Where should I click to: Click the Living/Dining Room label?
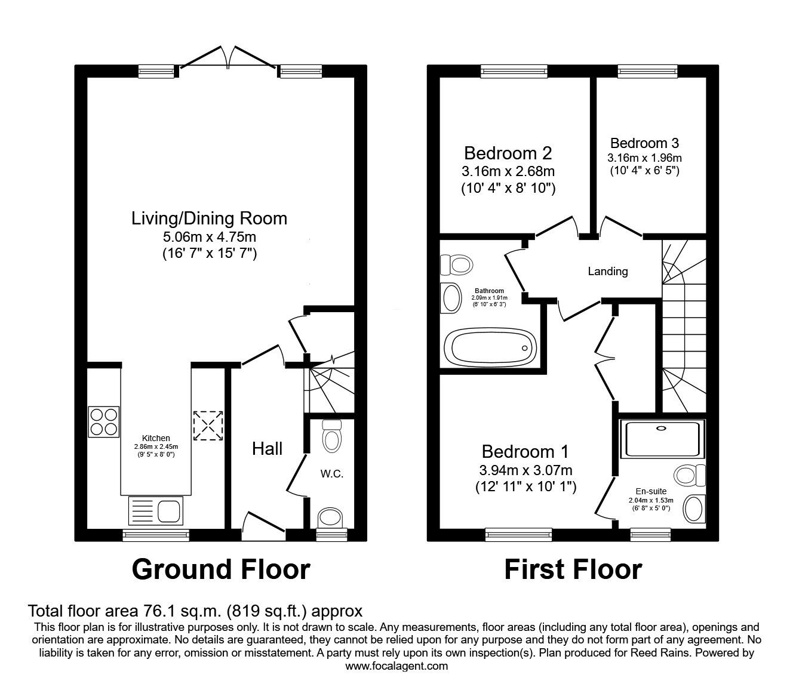pyautogui.click(x=209, y=218)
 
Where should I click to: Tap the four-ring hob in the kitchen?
pyautogui.click(x=104, y=421)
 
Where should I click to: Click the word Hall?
pyautogui.click(x=267, y=449)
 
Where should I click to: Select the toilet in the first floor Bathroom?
pyautogui.click(x=456, y=263)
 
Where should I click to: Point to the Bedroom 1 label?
pyautogui.click(x=525, y=451)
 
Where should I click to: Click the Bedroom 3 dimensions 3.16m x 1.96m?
pyautogui.click(x=644, y=158)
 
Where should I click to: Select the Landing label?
pyautogui.click(x=607, y=272)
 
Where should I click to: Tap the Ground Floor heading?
pyautogui.click(x=220, y=569)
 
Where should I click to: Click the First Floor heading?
pyautogui.click(x=573, y=569)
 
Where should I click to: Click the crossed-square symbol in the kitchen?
pyautogui.click(x=207, y=426)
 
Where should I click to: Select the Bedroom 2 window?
pyautogui.click(x=514, y=72)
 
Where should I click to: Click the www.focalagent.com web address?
pyautogui.click(x=396, y=666)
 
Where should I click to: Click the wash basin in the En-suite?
pyautogui.click(x=693, y=509)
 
